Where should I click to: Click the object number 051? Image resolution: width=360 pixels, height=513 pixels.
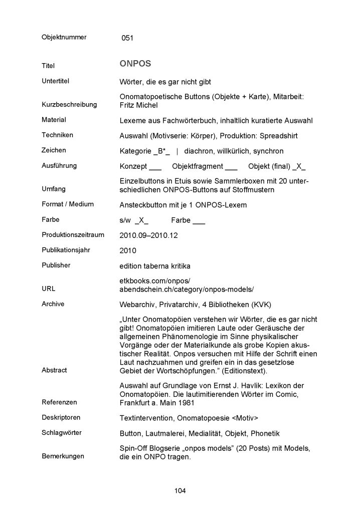[x=127, y=38]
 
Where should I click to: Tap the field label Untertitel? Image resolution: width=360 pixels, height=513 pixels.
[x=55, y=81]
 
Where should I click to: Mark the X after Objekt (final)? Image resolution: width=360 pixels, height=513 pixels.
[x=300, y=166]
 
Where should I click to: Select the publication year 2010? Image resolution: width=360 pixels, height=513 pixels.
[x=128, y=250]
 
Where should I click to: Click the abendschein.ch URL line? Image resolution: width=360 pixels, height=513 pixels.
[x=187, y=290]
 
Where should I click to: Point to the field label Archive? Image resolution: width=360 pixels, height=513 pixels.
[x=53, y=304]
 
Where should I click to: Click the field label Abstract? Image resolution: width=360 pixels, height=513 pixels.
[x=54, y=370]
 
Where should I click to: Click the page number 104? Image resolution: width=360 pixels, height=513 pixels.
[x=180, y=491]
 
